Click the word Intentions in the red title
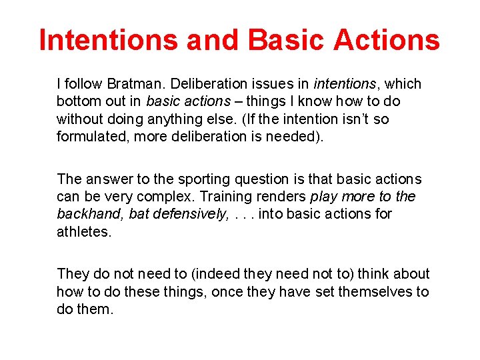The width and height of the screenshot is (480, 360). coord(109,41)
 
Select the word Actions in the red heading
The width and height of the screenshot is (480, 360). coord(386,41)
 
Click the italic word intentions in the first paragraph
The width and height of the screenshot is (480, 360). coord(345,84)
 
